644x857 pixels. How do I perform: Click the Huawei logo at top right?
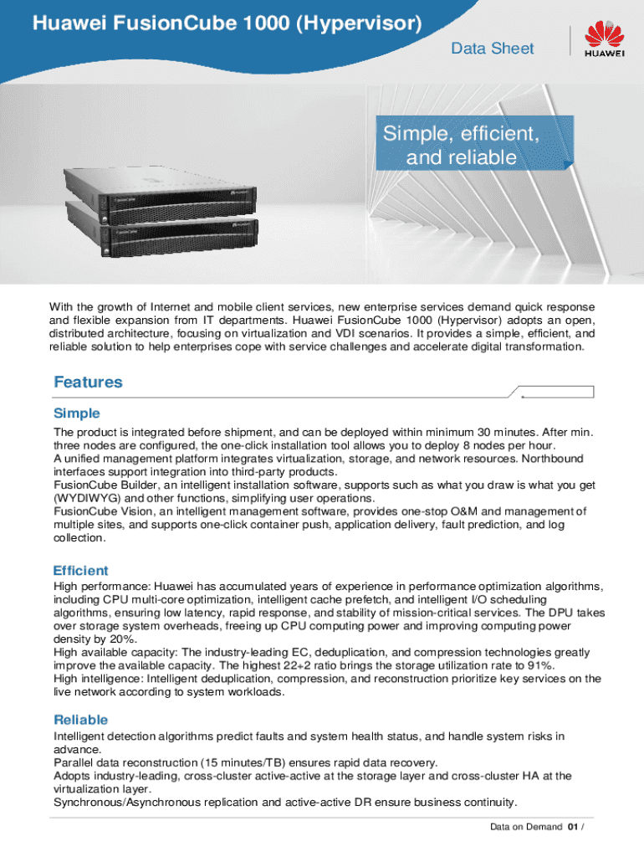[x=604, y=41]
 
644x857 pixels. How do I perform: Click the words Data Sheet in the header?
[x=492, y=49]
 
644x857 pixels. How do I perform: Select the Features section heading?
[x=88, y=382]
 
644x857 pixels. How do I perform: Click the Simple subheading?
[x=77, y=413]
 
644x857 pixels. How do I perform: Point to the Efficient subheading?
[x=80, y=571]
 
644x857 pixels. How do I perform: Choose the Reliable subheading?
[x=80, y=720]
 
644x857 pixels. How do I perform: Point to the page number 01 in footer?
[x=572, y=828]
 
